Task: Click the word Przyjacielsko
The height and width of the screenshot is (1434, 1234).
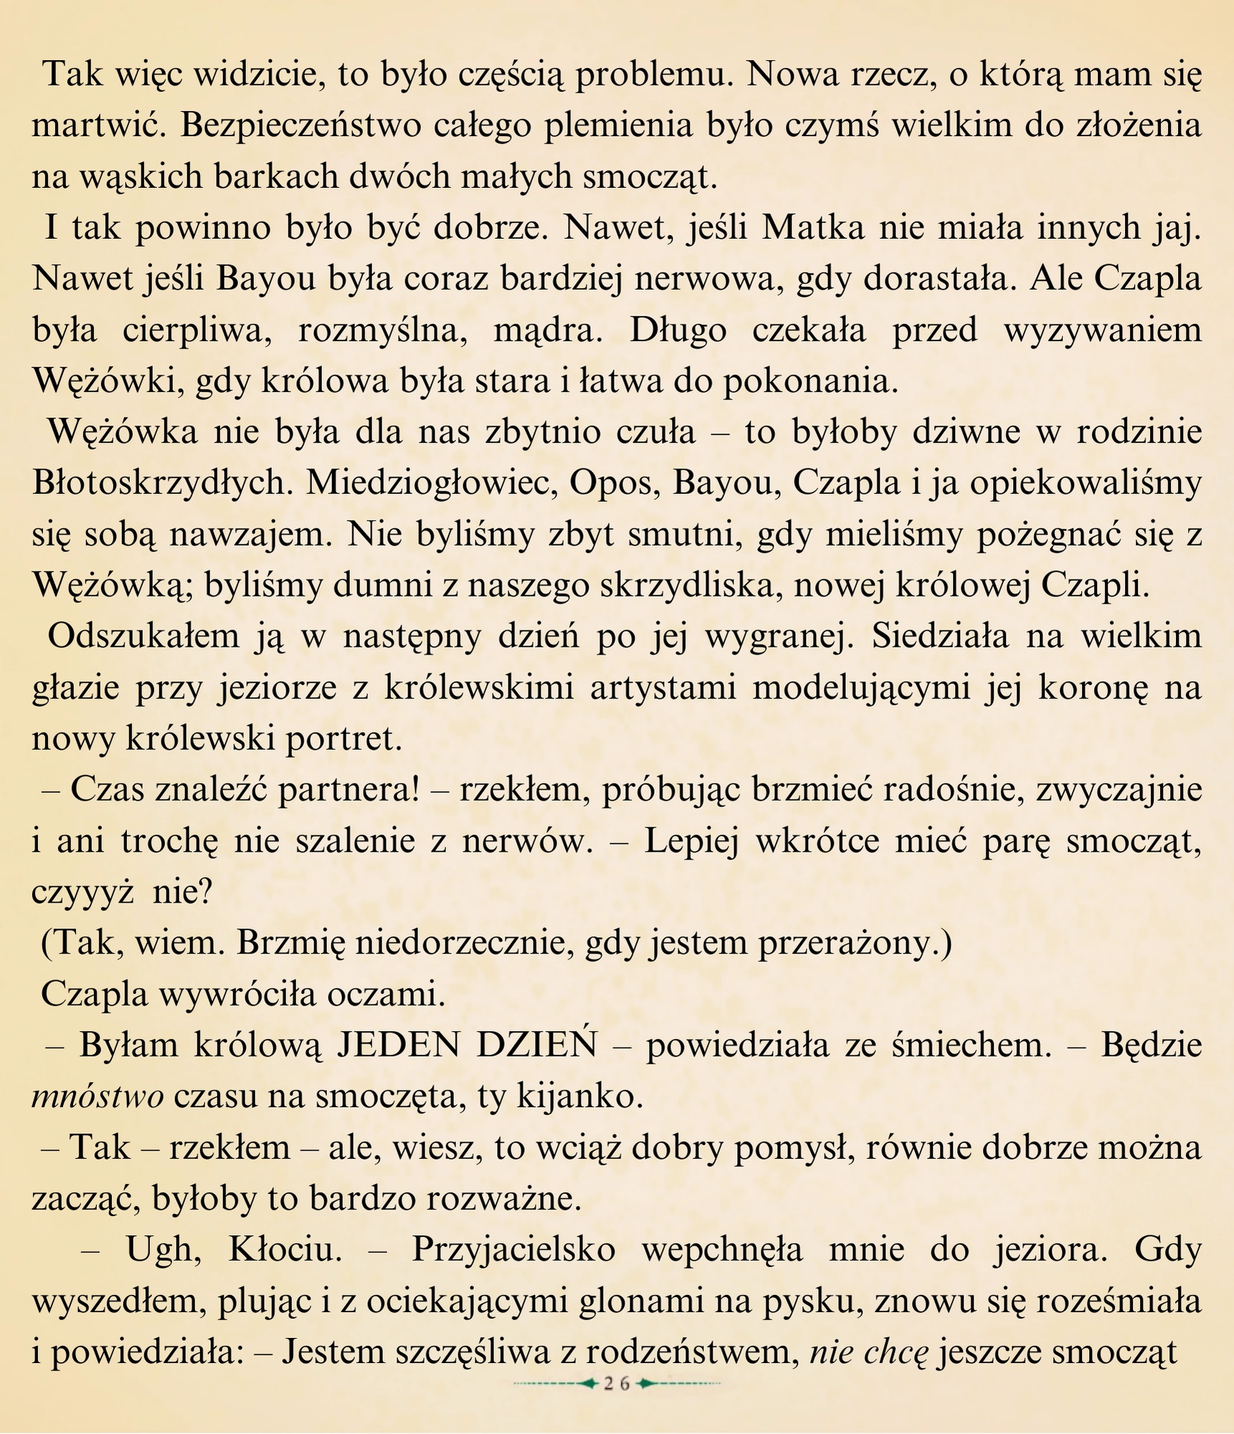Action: tap(513, 1250)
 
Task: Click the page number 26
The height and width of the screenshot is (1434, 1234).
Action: tap(616, 1385)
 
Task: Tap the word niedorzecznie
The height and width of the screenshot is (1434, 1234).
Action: tap(404, 944)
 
